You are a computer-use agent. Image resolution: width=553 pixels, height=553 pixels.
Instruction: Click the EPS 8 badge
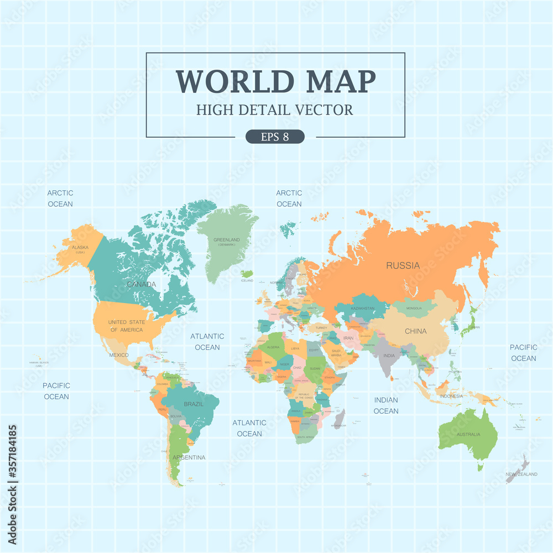pyautogui.click(x=275, y=137)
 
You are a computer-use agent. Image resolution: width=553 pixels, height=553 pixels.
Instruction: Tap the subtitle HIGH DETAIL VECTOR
pyautogui.click(x=275, y=109)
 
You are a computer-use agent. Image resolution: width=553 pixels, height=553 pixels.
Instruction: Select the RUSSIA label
pyautogui.click(x=403, y=265)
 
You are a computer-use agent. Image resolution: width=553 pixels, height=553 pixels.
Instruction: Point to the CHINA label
pyautogui.click(x=415, y=331)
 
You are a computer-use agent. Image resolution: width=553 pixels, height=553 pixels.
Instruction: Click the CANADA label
pyautogui.click(x=141, y=284)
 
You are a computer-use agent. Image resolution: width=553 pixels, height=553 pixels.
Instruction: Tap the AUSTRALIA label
pyautogui.click(x=468, y=435)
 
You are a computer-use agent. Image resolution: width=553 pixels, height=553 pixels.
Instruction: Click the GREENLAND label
pyautogui.click(x=227, y=240)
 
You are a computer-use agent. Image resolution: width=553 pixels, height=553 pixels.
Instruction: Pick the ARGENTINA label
pyautogui.click(x=189, y=457)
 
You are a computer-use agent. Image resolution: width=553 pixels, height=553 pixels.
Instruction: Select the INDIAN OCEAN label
pyautogui.click(x=386, y=405)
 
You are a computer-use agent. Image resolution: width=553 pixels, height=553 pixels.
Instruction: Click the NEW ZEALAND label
pyautogui.click(x=521, y=474)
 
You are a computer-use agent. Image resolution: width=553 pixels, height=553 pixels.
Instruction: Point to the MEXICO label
pyautogui.click(x=119, y=355)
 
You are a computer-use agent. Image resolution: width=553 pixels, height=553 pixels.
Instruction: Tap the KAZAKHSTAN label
pyautogui.click(x=362, y=308)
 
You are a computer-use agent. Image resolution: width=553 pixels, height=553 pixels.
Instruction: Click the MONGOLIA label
pyautogui.click(x=414, y=308)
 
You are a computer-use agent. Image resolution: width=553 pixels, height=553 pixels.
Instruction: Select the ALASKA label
pyautogui.click(x=80, y=248)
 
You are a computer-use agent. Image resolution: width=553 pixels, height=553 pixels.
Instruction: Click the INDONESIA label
pyautogui.click(x=451, y=397)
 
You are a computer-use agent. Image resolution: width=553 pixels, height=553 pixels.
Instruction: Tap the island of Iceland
pyautogui.click(x=247, y=274)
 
